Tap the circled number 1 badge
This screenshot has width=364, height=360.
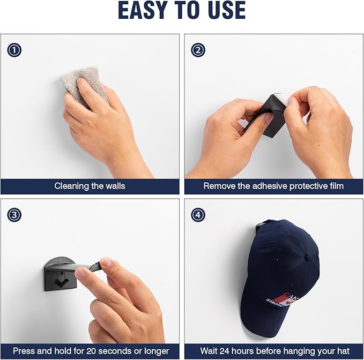(x=14, y=50)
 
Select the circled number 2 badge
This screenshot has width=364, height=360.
(x=198, y=50)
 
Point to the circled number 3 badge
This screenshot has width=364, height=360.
(x=14, y=215)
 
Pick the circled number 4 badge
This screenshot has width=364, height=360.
(x=198, y=215)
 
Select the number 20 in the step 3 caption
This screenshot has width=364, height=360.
(x=91, y=351)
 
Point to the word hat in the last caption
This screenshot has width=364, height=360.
(x=343, y=351)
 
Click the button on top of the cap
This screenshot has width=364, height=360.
(x=309, y=256)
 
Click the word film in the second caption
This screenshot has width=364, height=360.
(x=337, y=186)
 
